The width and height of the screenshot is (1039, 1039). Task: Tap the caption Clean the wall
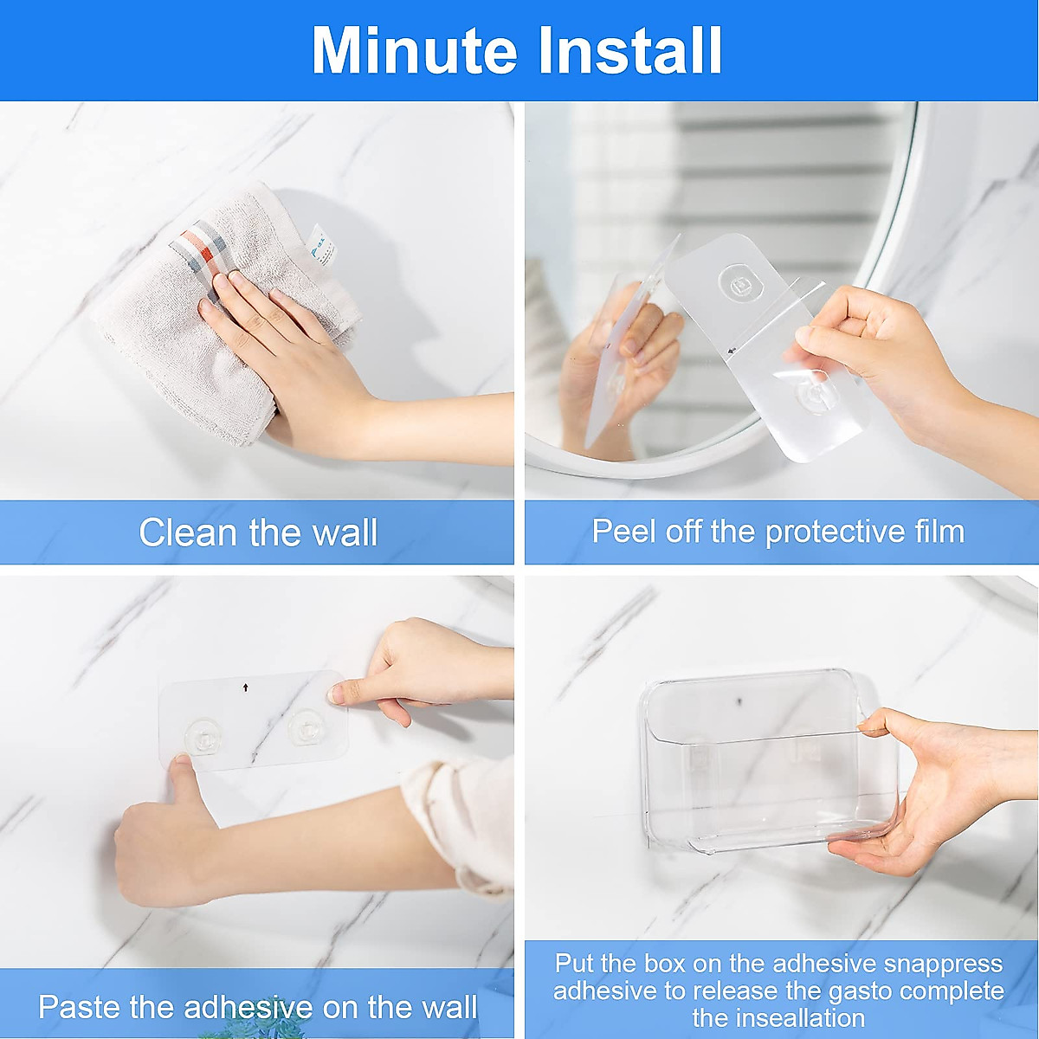tap(258, 532)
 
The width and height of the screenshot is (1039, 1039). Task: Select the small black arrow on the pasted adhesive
tap(246, 687)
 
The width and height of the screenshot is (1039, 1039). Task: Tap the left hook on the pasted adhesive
tap(201, 736)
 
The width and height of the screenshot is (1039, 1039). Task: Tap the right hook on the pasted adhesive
tap(305, 727)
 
